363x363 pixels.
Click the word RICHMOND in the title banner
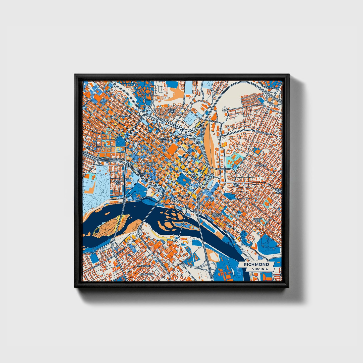pyautogui.click(x=256, y=265)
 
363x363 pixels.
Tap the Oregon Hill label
pyautogui.click(x=118, y=182)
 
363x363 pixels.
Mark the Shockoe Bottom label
pyautogui.click(x=216, y=215)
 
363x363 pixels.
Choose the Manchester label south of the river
pyautogui.click(x=144, y=266)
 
